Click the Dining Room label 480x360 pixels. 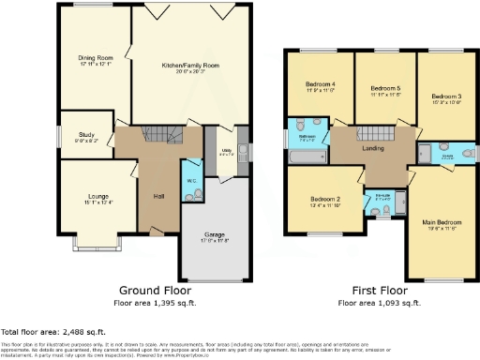95,58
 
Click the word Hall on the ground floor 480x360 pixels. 158,196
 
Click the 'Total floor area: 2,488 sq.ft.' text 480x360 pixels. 53,333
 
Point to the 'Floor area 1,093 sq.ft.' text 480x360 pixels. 379,305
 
